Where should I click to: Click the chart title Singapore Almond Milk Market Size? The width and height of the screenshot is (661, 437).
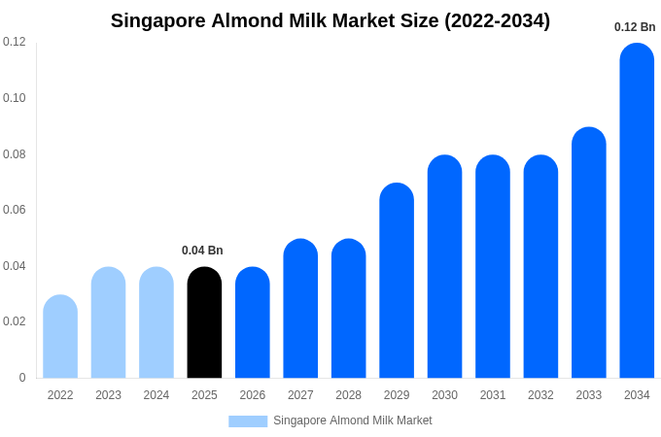330,20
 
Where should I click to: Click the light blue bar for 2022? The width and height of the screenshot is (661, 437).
60,337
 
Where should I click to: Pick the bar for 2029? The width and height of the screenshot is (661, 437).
397,281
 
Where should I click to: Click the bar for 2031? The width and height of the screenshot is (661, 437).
493,267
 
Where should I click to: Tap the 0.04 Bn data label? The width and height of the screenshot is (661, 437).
202,251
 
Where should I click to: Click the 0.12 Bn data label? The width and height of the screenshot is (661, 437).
635,27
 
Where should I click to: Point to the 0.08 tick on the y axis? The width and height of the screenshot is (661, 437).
15,154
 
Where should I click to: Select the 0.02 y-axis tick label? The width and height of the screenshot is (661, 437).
15,321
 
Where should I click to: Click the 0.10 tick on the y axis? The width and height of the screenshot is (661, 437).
15,98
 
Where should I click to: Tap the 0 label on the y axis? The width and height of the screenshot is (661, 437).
22,378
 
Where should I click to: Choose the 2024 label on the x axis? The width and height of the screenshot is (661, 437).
157,395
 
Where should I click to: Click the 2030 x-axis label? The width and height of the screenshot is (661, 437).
444,395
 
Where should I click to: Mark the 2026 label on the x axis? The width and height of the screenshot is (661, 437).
253,395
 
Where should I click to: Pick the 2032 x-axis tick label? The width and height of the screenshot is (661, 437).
540,395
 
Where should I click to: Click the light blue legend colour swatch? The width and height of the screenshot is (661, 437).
248,420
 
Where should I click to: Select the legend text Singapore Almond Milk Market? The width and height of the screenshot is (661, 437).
353,420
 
